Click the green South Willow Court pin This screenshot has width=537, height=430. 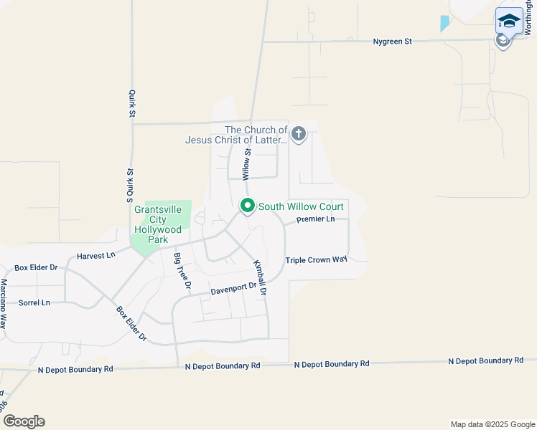(248, 206)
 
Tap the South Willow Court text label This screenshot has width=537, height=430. (301, 206)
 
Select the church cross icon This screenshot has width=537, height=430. (299, 133)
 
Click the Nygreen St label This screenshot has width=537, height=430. (392, 42)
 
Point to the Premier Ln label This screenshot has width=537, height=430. (316, 219)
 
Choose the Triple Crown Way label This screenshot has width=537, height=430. (317, 260)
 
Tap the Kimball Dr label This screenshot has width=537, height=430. (260, 278)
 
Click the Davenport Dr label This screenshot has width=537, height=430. (233, 290)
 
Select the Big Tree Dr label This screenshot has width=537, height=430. (182, 271)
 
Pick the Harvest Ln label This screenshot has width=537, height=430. (95, 255)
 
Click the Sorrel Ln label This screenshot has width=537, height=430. (34, 303)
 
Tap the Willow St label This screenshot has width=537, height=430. (246, 164)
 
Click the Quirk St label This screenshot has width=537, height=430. (132, 103)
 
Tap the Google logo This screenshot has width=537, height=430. (24, 421)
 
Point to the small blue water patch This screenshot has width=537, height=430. (444, 24)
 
